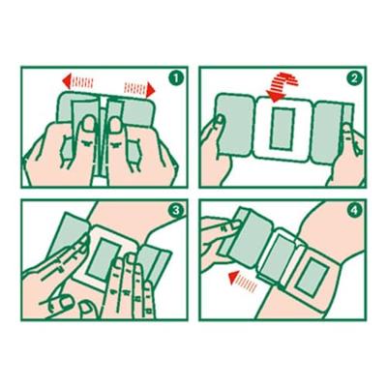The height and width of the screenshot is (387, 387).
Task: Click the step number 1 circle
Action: pyautogui.click(x=176, y=78)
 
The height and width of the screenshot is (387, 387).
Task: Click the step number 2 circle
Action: pyautogui.click(x=354, y=78)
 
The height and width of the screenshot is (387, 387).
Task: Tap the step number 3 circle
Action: pyautogui.click(x=176, y=211)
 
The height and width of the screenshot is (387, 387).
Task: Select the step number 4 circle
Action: pyautogui.click(x=354, y=211)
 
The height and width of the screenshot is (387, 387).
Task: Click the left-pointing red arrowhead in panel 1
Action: pyautogui.click(x=67, y=81)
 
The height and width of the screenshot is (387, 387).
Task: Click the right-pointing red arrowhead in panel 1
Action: pyautogui.click(x=150, y=89)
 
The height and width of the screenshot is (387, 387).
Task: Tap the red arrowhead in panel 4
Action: pyautogui.click(x=234, y=278)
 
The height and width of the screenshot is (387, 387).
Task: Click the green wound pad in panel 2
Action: pyautogui.click(x=283, y=129)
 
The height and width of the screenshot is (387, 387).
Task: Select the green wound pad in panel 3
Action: pyautogui.click(x=101, y=258)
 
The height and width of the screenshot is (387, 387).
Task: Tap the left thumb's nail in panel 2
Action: pyautogui.click(x=220, y=119)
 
